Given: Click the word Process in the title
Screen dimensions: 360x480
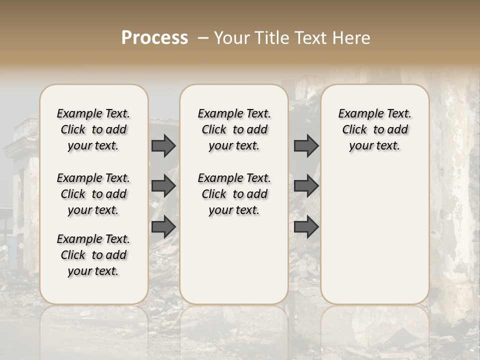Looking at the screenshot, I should pos(154,38).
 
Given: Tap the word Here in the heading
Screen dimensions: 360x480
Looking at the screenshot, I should pos(351,38).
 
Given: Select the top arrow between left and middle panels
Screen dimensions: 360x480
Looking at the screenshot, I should pos(163,145).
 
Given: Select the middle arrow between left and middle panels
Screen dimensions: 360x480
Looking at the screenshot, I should pos(163,186).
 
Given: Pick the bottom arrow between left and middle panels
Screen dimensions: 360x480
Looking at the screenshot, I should pos(163,226).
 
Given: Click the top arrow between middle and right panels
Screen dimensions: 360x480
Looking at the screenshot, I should pos(306,145).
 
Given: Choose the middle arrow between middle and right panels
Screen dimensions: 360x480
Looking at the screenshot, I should pos(306,186).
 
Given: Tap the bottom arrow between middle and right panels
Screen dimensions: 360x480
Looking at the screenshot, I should pos(306,226).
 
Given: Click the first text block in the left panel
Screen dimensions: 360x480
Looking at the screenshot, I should pos(93,129).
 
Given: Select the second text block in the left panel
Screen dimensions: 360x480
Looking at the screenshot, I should pos(93,194).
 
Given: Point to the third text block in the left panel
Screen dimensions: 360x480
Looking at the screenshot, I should pos(93,255).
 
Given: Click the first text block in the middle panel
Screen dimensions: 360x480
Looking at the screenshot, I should pos(234,129).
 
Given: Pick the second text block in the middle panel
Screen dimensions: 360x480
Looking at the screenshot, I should pos(234,194).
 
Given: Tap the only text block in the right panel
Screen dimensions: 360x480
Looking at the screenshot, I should pos(374,129).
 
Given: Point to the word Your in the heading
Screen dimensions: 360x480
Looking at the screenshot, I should pos(229,38).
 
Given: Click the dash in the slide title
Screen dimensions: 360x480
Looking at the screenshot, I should pos(202,38).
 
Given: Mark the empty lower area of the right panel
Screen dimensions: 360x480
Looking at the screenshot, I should pos(374,235).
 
